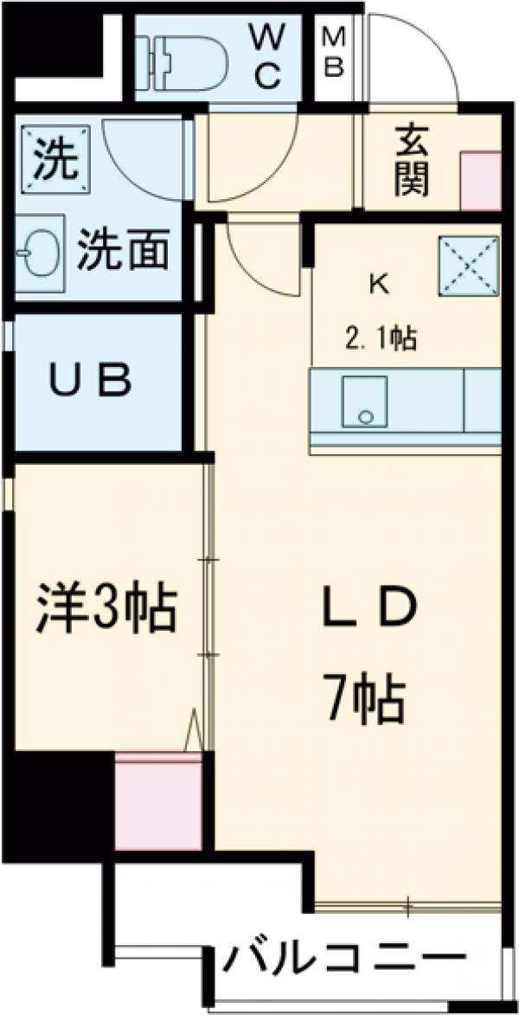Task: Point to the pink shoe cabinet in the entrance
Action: coord(480,181)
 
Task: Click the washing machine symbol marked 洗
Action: coord(54,157)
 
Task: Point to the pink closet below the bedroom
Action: coord(159,801)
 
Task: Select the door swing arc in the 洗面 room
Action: coord(143,160)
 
